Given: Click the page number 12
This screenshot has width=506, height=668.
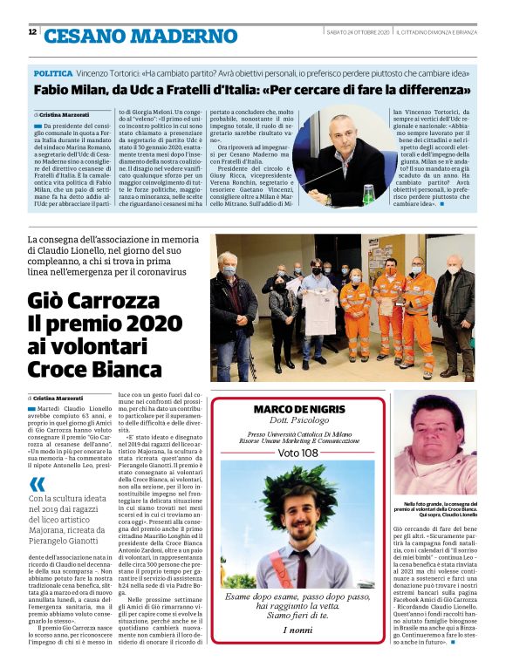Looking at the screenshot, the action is click(x=32, y=32).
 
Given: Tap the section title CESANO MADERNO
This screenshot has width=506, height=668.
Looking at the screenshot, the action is click(x=140, y=36).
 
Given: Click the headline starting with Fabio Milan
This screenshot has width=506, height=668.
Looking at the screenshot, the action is click(x=252, y=91).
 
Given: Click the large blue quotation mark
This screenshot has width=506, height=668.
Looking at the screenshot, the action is click(x=37, y=484).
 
